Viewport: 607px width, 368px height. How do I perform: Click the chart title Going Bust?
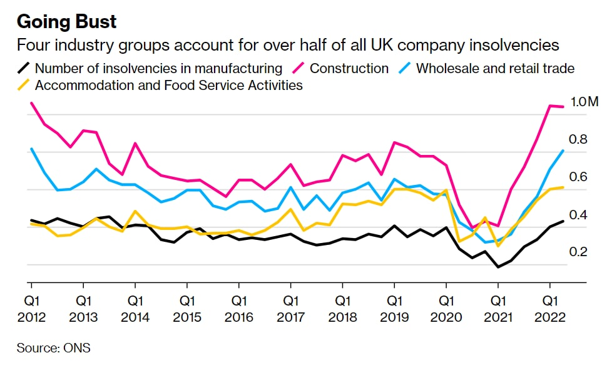click(66, 22)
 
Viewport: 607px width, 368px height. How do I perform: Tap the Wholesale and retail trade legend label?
click(495, 68)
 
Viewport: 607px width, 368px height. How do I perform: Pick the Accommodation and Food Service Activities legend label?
click(169, 85)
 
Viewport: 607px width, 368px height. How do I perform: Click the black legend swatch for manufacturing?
click(24, 68)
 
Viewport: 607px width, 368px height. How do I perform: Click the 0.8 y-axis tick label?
click(578, 139)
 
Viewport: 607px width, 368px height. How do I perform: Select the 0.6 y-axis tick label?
click(578, 177)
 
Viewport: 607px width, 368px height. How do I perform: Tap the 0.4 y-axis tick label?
click(578, 215)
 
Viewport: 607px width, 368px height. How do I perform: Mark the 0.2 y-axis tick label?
click(578, 252)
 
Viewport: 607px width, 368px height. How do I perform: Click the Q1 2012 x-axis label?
click(31, 309)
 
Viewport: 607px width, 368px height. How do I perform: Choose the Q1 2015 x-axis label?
click(187, 309)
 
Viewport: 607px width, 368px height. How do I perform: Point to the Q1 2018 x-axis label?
click(342, 309)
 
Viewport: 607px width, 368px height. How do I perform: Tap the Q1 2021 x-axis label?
click(498, 309)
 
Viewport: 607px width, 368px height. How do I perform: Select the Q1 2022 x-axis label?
click(550, 309)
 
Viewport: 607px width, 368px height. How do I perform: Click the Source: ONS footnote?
click(53, 348)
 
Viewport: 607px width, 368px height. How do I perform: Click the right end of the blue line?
click(563, 151)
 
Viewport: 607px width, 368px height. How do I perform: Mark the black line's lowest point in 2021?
click(498, 267)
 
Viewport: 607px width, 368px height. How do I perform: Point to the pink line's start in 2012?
click(31, 103)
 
